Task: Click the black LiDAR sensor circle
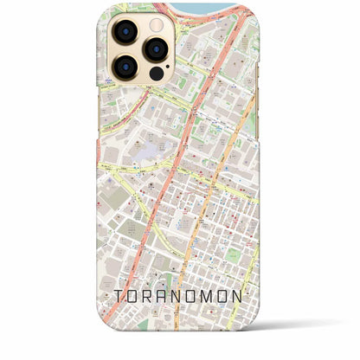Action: point(156,74)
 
